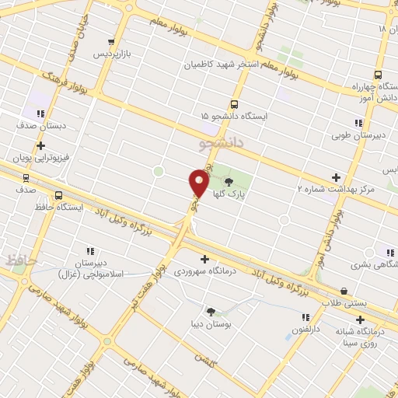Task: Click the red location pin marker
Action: pos(198,183)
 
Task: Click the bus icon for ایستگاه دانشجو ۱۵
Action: pos(234,104)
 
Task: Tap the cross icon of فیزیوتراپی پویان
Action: pos(40,145)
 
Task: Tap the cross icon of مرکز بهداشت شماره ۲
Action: pos(336,178)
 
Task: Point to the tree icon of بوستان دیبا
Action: pos(211,311)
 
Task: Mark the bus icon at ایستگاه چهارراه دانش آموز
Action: pos(377,75)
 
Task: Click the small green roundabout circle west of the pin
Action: pos(159,171)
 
